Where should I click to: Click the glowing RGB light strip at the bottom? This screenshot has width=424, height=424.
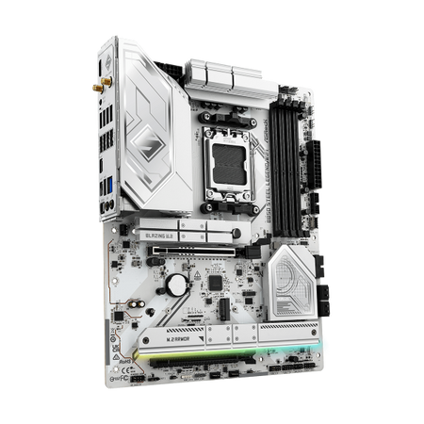point(188,363)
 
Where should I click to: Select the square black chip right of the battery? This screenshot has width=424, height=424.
point(216,282)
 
